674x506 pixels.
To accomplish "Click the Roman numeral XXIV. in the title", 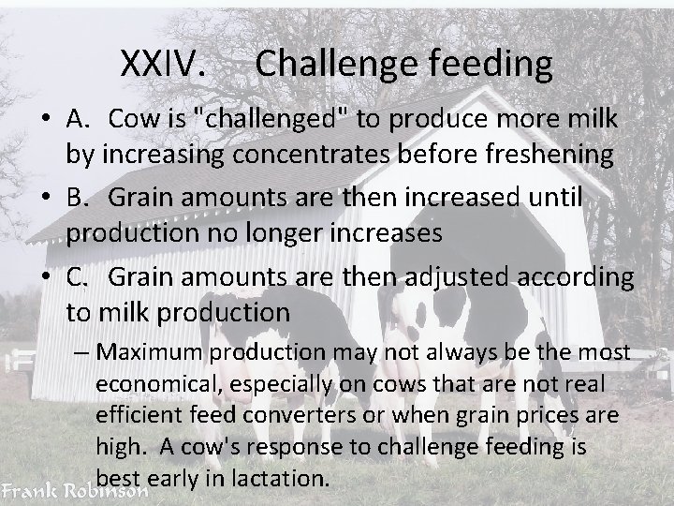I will coord(165,65).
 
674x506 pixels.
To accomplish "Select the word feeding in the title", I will coord(493,65).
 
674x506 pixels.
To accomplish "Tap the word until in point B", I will coord(555,199).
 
